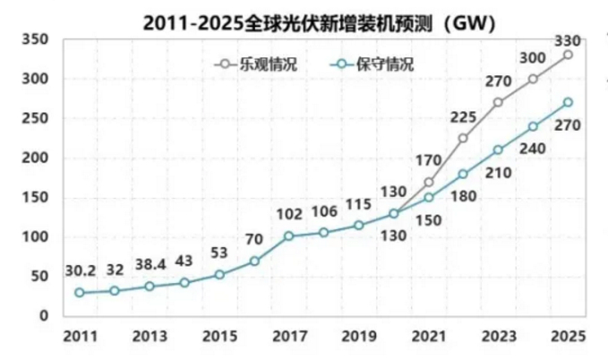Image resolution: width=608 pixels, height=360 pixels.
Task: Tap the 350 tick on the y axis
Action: (33, 40)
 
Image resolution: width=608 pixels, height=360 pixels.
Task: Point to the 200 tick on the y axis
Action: (33, 159)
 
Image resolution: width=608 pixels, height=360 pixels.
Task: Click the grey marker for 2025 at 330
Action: (568, 55)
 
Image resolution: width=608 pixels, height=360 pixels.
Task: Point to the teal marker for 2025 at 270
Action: (568, 102)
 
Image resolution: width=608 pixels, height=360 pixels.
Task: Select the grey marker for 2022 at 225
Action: (463, 138)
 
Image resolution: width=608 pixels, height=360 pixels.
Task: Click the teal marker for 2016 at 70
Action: (254, 261)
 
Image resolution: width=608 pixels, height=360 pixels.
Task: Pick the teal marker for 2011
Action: (80, 292)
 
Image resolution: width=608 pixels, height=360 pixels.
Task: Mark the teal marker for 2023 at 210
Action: (498, 150)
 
